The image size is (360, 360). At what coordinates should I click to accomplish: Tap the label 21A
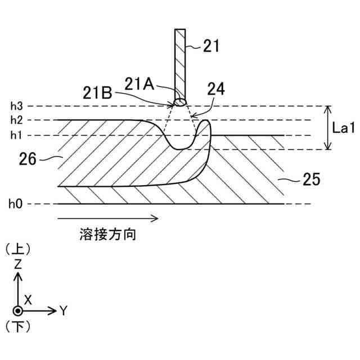[139, 84]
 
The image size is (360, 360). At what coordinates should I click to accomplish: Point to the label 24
[215, 89]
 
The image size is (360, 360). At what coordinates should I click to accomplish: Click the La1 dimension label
[343, 128]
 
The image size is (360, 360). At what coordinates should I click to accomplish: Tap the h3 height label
[16, 106]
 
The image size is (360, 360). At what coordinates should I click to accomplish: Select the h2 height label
[16, 120]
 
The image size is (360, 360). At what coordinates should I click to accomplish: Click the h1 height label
[16, 135]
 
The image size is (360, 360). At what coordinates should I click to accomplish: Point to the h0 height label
[16, 204]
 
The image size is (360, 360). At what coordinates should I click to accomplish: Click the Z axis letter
[18, 263]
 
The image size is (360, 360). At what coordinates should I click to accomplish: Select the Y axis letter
[64, 310]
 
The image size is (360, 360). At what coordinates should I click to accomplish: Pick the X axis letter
[28, 300]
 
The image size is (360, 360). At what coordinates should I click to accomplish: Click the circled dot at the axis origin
[18, 310]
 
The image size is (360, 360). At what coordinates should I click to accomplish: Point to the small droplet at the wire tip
[180, 102]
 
